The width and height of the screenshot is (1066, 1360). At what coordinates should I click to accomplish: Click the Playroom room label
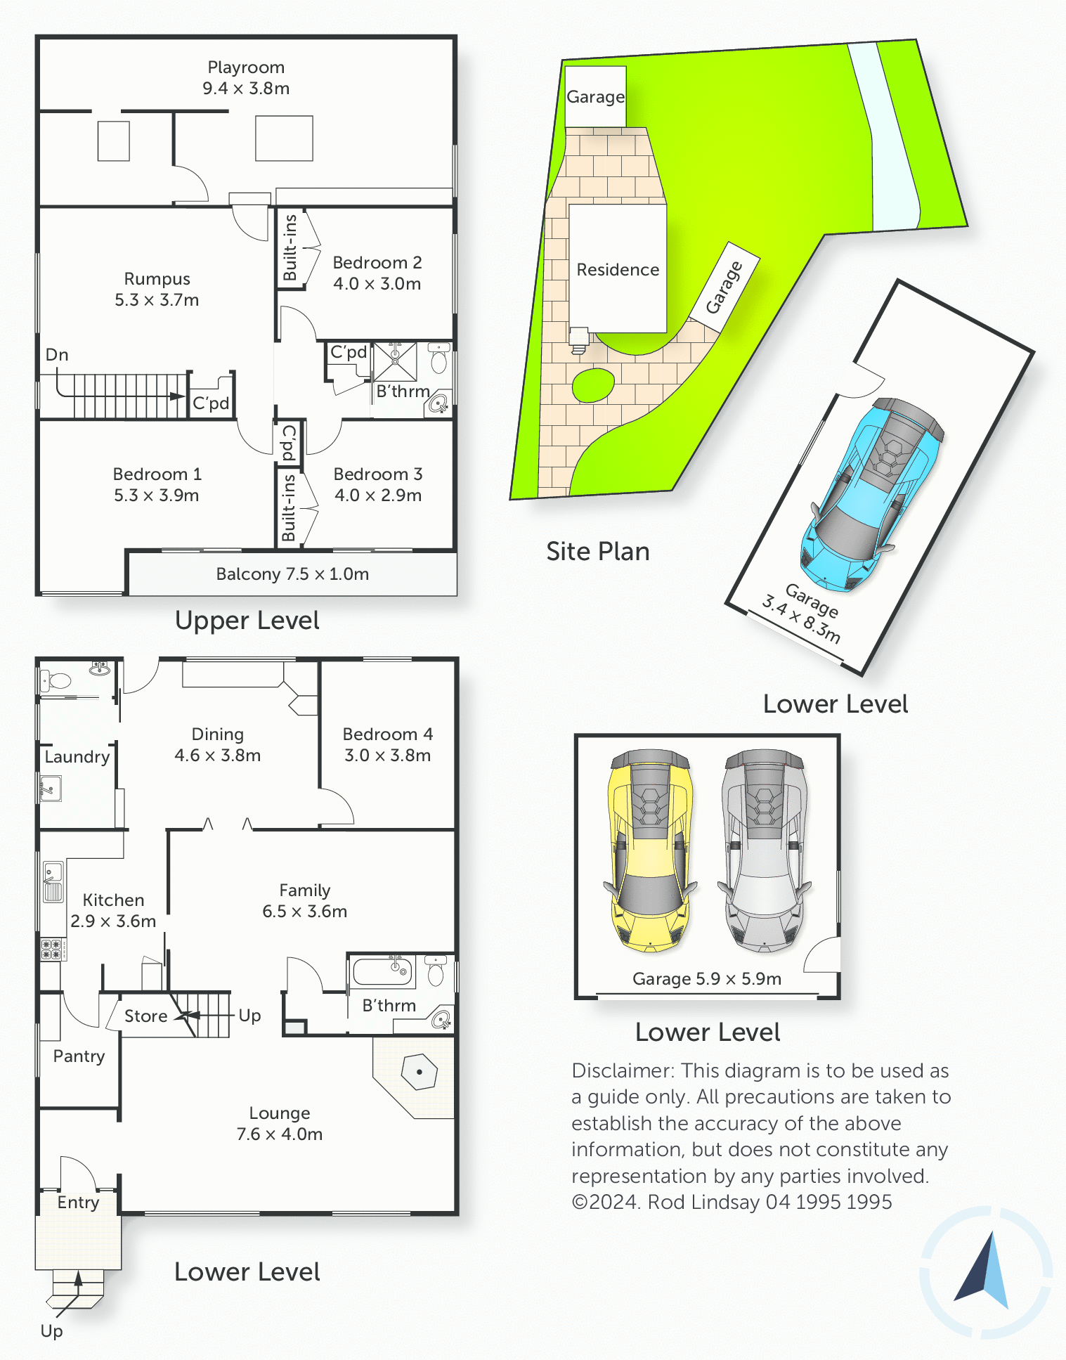(x=246, y=77)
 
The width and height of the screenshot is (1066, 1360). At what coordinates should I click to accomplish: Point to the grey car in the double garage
(x=765, y=850)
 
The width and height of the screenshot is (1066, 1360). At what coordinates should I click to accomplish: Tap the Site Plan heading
(x=598, y=552)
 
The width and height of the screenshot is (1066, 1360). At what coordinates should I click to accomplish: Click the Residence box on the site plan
(x=618, y=268)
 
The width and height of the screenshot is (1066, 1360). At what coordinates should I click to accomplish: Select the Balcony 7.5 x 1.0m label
(x=292, y=574)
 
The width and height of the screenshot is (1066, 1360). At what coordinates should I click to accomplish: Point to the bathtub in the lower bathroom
(x=382, y=971)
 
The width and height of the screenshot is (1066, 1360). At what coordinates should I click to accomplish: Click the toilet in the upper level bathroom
(x=439, y=359)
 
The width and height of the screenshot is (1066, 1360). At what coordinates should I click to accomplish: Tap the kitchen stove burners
(x=52, y=950)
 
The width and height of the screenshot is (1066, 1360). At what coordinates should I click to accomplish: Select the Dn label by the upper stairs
(x=57, y=355)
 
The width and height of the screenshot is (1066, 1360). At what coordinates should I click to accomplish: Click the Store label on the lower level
(x=145, y=1016)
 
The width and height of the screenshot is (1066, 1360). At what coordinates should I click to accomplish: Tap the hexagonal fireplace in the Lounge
(x=420, y=1072)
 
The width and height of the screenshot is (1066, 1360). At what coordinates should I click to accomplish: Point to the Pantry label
(x=79, y=1056)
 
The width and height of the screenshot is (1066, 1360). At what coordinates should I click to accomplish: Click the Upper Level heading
(x=247, y=621)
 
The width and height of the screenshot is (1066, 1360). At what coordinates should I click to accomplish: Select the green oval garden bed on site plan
(x=593, y=385)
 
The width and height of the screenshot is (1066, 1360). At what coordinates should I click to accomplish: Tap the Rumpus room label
(x=157, y=289)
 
